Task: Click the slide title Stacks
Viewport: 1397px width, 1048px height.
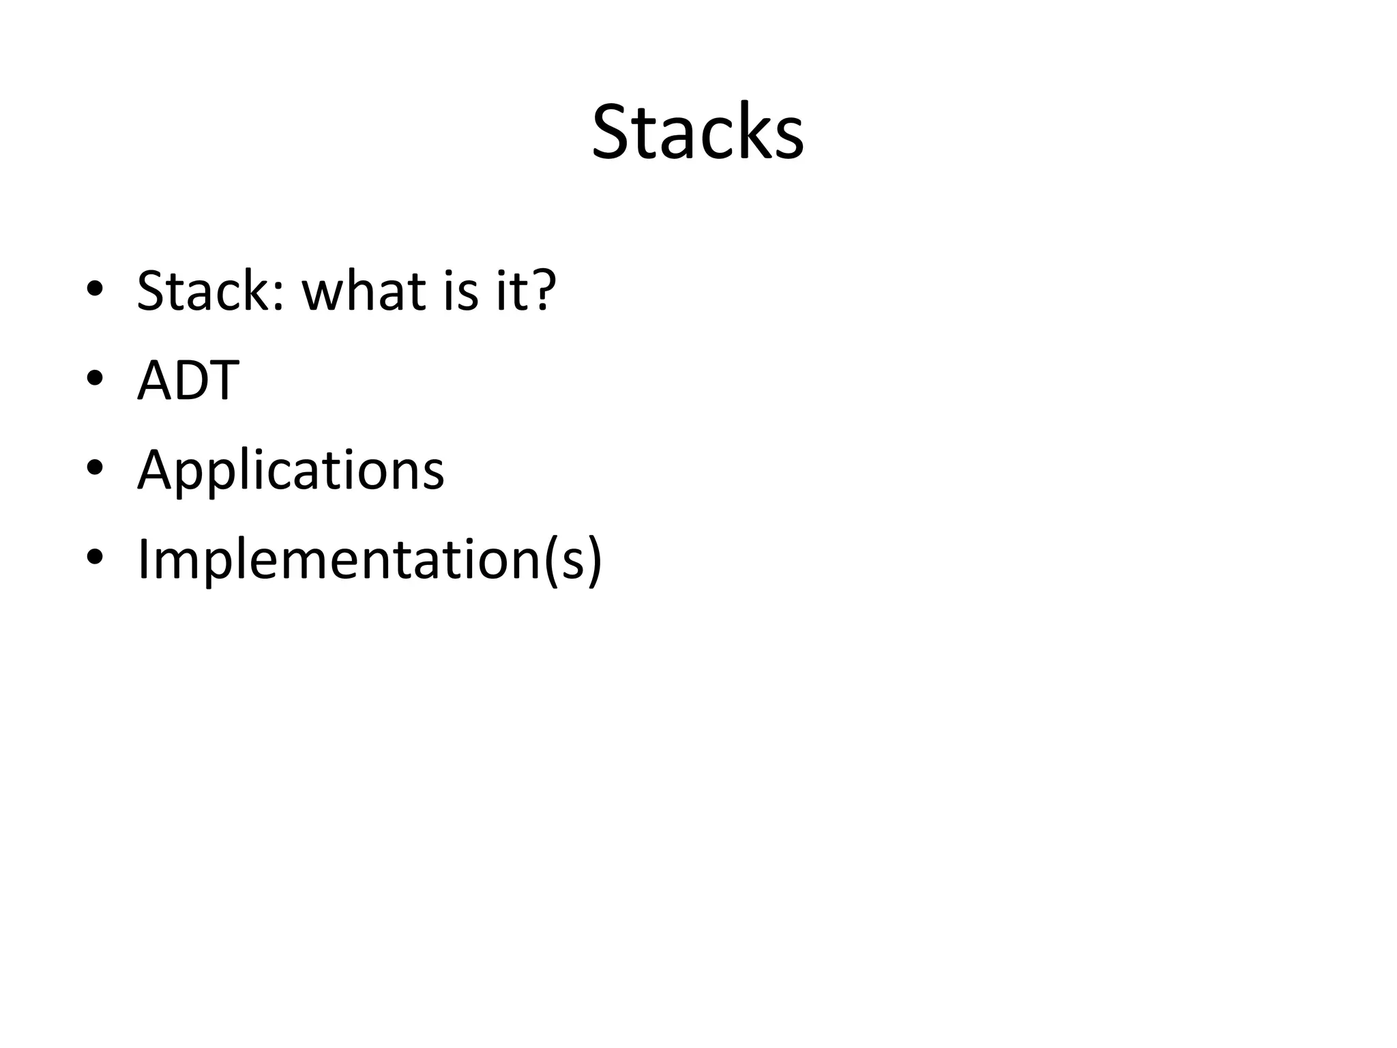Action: coord(697,132)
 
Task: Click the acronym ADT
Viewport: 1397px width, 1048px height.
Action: coord(188,380)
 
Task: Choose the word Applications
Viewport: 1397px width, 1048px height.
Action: coord(291,471)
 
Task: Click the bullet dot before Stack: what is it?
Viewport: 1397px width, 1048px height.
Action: coord(95,289)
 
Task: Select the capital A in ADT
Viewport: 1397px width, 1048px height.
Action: coord(153,380)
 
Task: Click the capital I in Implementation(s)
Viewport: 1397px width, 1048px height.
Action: coord(143,559)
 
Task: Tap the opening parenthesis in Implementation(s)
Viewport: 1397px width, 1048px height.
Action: coord(550,561)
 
